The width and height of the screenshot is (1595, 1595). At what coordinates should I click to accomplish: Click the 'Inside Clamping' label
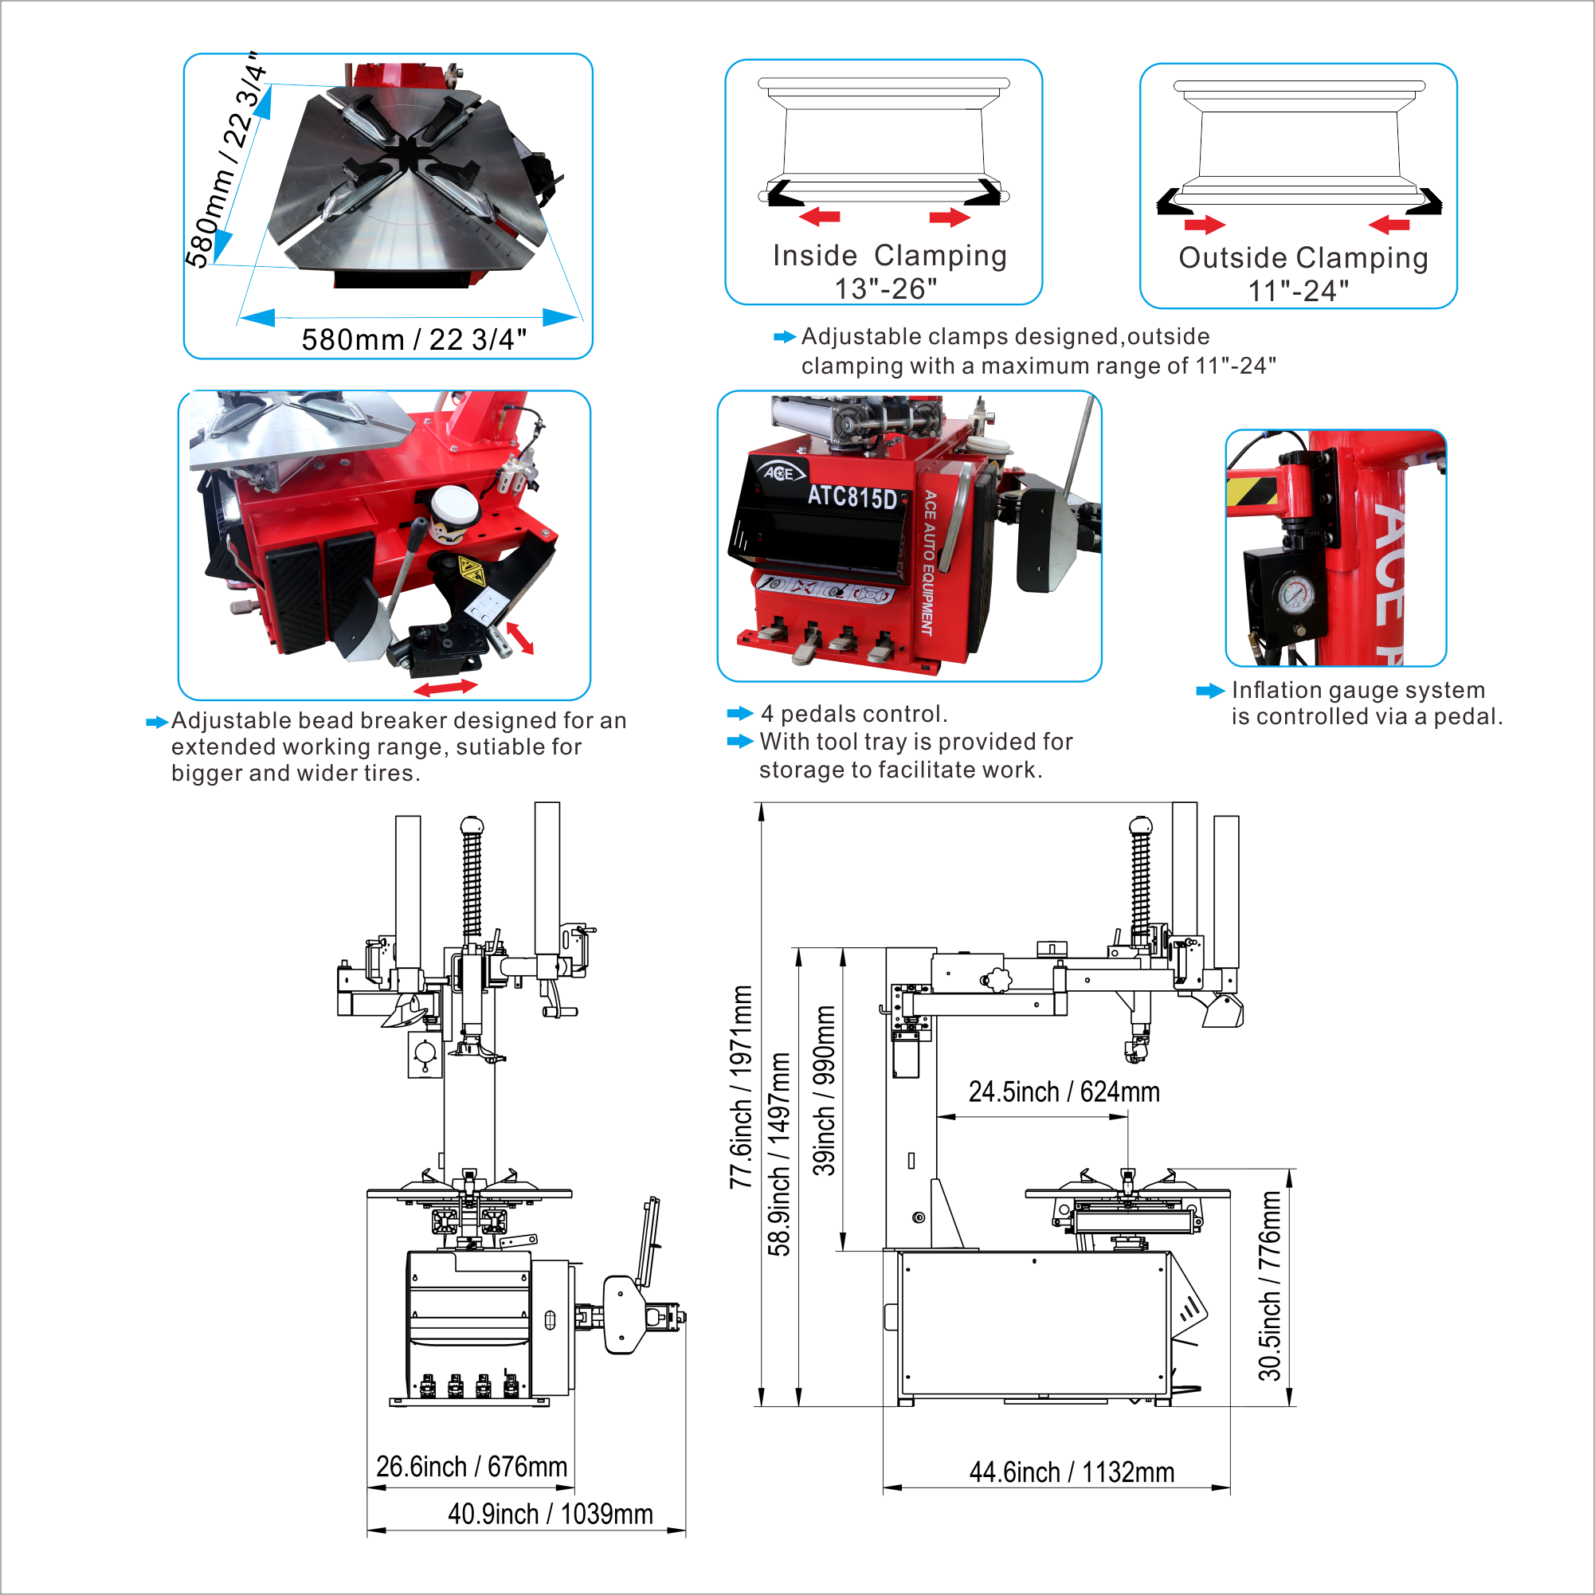tap(889, 256)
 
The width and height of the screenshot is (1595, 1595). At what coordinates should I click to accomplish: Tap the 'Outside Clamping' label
tap(1303, 257)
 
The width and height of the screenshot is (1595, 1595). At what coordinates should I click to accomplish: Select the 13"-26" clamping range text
tap(886, 289)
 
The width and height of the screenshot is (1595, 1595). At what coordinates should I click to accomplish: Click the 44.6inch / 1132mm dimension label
tap(1072, 1472)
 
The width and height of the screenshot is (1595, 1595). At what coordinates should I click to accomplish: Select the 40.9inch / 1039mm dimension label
tap(550, 1514)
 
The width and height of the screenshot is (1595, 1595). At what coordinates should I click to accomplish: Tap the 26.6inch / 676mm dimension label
tap(472, 1466)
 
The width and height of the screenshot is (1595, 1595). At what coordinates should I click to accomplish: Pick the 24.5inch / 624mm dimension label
tap(1064, 1091)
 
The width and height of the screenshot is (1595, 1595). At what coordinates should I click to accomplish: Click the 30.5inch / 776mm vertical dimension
tap(1270, 1285)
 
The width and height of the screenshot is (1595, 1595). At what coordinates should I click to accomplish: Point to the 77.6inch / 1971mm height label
tap(741, 1087)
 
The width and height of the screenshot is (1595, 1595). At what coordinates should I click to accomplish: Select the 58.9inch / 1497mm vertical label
tap(778, 1154)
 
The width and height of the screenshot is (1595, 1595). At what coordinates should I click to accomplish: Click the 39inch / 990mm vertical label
tap(824, 1091)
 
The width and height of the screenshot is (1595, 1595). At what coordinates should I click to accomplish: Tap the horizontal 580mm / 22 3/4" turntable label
tap(413, 339)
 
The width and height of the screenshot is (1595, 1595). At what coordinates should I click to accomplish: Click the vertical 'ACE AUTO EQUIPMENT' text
tap(929, 563)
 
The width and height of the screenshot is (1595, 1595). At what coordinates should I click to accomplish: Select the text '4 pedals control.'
tap(854, 713)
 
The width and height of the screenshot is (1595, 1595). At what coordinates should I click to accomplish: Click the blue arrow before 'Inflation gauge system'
tap(1210, 691)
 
